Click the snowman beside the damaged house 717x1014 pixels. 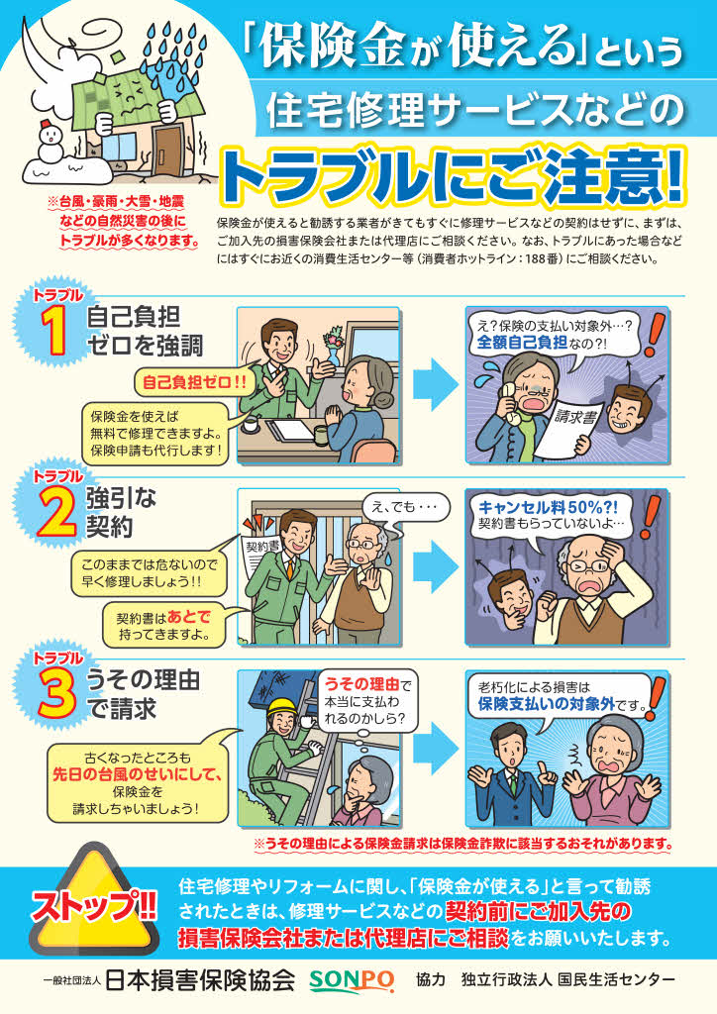(50, 144)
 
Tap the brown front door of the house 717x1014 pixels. (167, 151)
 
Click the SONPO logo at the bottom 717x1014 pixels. (351, 980)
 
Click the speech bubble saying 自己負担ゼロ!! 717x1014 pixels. (194, 382)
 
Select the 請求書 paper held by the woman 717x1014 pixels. (568, 427)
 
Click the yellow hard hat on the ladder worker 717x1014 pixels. (282, 706)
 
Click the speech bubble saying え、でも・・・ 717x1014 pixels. (405, 507)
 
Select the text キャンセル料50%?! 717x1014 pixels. (548, 507)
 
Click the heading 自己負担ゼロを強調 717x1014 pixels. (145, 331)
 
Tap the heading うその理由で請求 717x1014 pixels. (143, 694)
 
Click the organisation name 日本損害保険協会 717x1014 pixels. (199, 980)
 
